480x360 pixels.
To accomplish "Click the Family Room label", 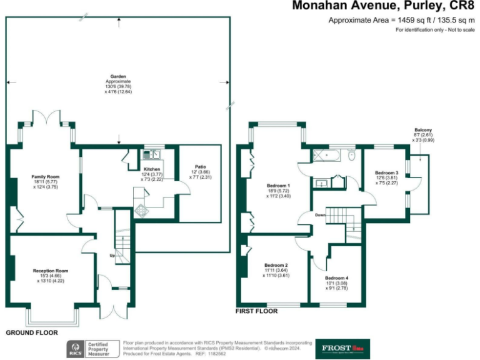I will (x=46, y=177).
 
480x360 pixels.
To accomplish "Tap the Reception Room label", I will (x=51, y=271).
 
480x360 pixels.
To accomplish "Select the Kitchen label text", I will (x=152, y=169).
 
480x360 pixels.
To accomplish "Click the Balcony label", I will (x=422, y=130).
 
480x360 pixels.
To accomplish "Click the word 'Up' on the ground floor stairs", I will (x=112, y=256).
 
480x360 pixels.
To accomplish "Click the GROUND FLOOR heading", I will (x=31, y=333).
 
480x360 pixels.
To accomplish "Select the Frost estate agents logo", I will (x=343, y=348).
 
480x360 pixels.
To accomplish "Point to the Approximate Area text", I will (x=402, y=20).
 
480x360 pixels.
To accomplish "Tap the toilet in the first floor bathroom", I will (x=352, y=154).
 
